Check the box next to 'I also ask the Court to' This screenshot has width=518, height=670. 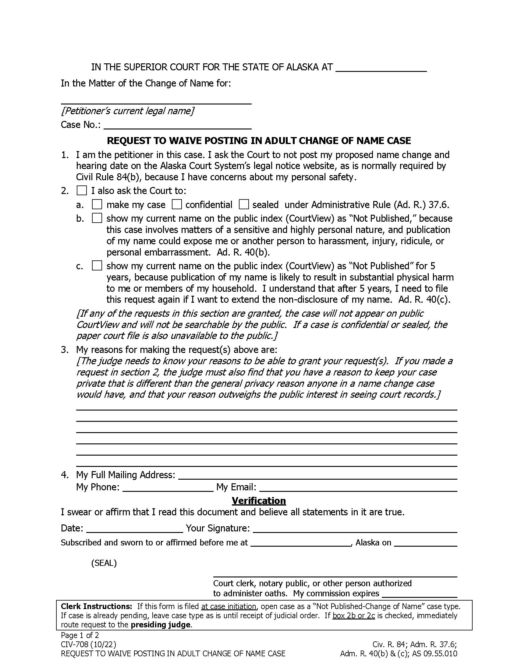click(x=82, y=191)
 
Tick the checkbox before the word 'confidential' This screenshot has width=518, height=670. click(x=176, y=204)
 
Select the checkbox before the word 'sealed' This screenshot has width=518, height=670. click(x=244, y=204)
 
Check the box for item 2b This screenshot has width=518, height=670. click(x=97, y=218)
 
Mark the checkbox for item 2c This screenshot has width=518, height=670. click(x=97, y=265)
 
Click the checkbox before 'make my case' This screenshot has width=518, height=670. click(x=97, y=204)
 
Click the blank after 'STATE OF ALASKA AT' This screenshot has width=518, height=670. click(x=381, y=68)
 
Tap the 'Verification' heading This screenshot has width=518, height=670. click(x=259, y=500)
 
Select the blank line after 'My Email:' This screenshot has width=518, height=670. click(x=358, y=488)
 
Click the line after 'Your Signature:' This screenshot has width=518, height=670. click(x=355, y=529)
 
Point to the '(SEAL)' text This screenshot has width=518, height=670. click(x=104, y=563)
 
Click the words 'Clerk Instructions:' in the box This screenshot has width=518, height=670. click(x=96, y=606)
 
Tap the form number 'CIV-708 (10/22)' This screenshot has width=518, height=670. click(x=88, y=644)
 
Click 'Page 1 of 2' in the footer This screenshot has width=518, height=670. click(x=80, y=635)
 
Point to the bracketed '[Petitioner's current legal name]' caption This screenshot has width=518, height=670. click(x=127, y=111)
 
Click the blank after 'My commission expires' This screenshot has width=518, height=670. click(x=420, y=594)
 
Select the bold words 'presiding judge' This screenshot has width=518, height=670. click(x=161, y=625)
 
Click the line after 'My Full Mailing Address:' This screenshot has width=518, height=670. click(x=318, y=475)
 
